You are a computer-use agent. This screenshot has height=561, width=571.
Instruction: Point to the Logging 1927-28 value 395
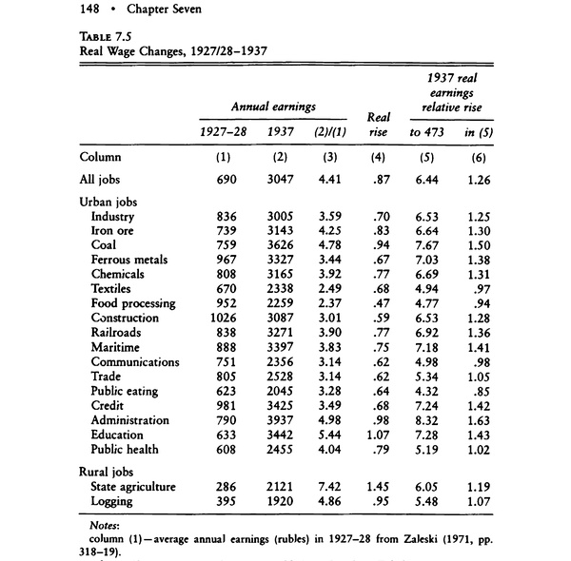click(x=223, y=501)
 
